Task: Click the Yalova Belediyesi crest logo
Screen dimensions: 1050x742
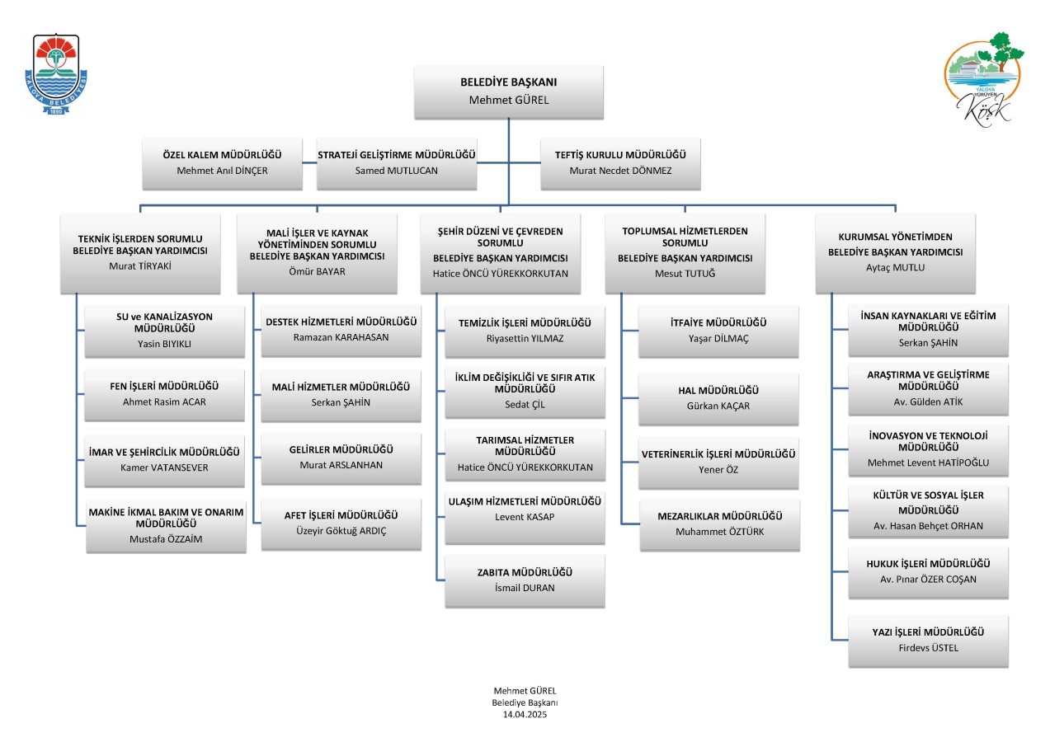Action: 56,73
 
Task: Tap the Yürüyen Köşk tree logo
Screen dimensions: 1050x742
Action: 983,78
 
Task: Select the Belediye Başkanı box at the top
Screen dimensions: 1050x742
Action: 509,92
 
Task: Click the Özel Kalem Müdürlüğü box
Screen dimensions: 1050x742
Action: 222,163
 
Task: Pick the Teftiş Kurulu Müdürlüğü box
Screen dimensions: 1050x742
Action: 620,163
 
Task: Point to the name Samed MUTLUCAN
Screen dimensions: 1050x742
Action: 396,171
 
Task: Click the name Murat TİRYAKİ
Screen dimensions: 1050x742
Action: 140,266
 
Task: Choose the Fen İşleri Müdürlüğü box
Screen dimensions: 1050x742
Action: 164,395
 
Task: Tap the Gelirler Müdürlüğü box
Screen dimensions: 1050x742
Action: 341,458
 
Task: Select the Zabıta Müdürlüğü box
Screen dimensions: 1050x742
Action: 525,581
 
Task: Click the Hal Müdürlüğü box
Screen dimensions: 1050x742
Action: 718,399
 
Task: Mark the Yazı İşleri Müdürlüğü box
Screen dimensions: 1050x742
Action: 928,641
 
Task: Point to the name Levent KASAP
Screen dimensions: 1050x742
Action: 525,517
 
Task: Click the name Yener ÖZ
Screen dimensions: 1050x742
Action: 718,470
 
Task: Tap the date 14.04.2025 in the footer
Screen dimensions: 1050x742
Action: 525,714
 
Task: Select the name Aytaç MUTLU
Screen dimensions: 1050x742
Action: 895,268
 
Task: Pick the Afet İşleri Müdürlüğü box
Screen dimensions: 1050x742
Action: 341,524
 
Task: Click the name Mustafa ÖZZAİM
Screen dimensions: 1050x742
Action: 166,539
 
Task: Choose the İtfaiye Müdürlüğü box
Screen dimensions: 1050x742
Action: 718,331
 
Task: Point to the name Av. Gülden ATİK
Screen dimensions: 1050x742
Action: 928,402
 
